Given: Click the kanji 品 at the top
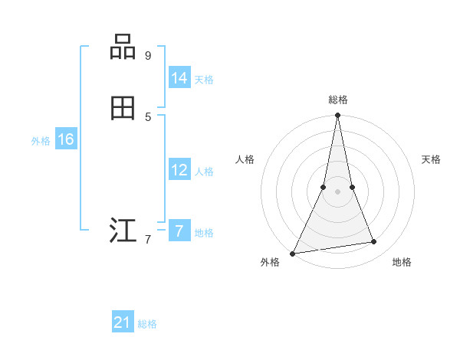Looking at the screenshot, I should click(123, 47).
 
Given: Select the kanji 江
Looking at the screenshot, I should click(123, 231).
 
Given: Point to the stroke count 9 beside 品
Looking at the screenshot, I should click(148, 55).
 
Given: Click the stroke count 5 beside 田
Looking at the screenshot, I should click(148, 116).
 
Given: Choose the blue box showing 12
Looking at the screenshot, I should click(179, 170).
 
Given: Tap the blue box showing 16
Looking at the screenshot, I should click(66, 139).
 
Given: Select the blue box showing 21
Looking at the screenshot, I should click(123, 322).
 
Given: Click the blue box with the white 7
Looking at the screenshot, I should click(179, 231).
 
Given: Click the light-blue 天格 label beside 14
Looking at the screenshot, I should click(204, 79).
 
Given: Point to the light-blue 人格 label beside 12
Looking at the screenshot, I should click(204, 172).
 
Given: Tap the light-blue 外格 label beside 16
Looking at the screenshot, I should click(41, 141).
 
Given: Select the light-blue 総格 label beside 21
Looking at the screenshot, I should click(147, 324).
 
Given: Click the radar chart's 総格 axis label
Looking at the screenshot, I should click(338, 100).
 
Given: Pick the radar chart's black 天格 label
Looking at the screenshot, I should click(431, 159).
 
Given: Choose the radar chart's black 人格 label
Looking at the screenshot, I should click(245, 159).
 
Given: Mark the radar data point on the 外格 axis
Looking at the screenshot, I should click(293, 254).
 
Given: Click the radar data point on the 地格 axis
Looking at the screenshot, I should click(374, 242).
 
